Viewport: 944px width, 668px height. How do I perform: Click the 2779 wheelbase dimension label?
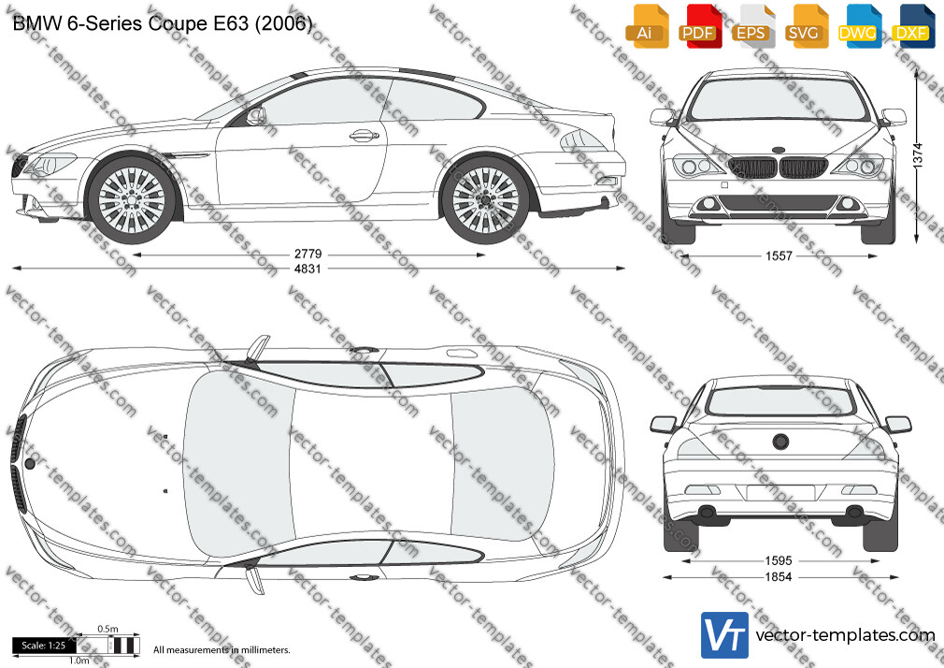point(308,254)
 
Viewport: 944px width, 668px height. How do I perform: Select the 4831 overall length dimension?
point(308,269)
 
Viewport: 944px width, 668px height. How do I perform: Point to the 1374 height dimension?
point(918,155)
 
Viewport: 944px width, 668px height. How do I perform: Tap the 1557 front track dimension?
point(779,256)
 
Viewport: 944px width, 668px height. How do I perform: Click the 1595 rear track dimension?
point(779,560)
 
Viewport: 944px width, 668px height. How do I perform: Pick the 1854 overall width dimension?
point(779,577)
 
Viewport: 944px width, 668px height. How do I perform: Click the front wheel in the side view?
point(131,199)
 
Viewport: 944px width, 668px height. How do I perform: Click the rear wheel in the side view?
point(485,199)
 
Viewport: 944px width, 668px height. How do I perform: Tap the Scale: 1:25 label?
point(43,646)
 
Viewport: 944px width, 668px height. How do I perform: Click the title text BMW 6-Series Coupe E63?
point(130,23)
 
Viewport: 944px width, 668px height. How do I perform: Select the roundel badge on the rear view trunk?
point(780,442)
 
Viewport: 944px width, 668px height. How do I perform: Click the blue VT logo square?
point(725,635)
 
